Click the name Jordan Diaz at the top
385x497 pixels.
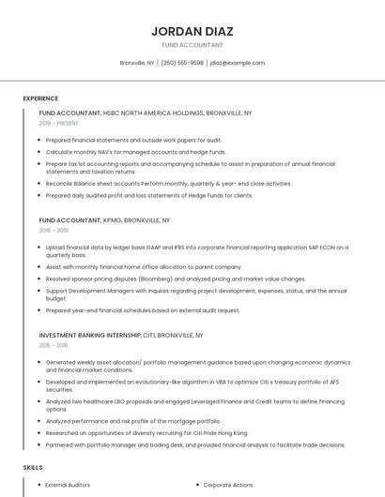192,31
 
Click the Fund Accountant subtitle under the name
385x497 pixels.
192,45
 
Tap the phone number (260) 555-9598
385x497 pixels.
182,63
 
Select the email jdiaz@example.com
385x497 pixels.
238,63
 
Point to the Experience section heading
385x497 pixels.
40,98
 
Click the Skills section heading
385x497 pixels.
33,467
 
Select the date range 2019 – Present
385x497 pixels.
58,123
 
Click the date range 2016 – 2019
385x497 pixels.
54,230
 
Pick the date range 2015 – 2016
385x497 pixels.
54,345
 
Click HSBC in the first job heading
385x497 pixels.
114,113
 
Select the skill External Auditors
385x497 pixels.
68,485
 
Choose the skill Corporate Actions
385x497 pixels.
228,485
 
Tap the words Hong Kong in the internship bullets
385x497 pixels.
232,432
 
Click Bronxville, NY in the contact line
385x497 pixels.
137,63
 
